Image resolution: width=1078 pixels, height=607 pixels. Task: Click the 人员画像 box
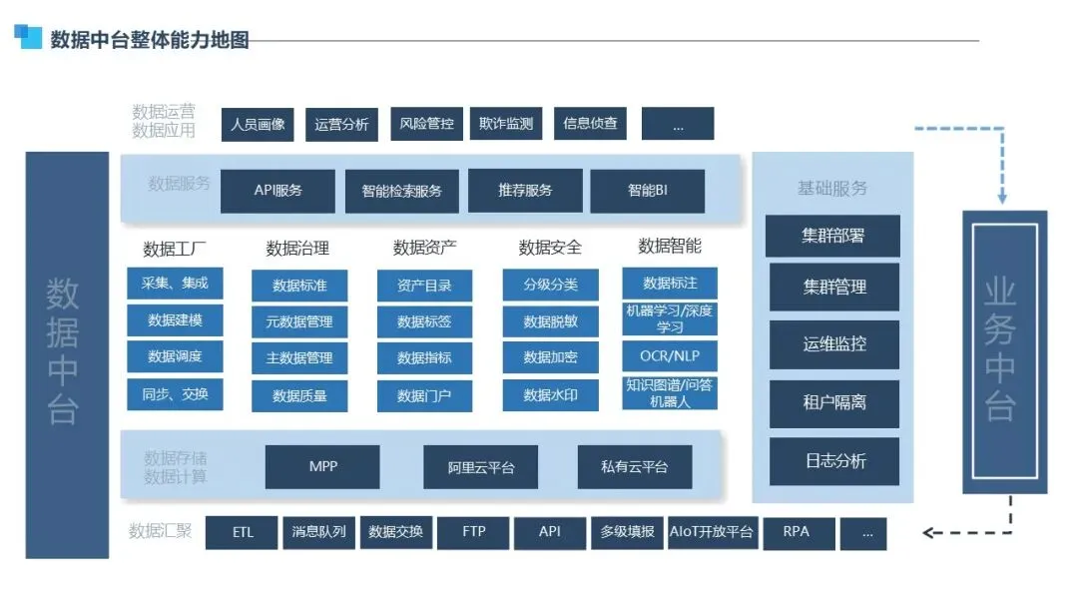[x=258, y=124]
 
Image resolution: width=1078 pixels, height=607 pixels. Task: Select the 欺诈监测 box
[x=506, y=124]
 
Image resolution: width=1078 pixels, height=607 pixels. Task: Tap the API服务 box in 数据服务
[x=277, y=191]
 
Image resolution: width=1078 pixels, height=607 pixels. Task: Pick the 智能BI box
[x=647, y=191]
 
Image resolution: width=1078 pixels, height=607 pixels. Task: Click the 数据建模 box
[x=175, y=320]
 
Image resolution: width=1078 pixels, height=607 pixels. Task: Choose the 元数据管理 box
[x=299, y=321]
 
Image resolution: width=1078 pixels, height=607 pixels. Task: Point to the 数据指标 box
[x=424, y=357]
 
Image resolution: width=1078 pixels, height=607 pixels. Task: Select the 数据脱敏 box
[x=550, y=321]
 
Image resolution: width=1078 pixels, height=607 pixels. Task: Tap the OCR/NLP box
[x=670, y=355]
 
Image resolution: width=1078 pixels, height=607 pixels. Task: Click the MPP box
[x=322, y=466]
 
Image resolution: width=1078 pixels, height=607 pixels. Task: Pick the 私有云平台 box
[x=634, y=466]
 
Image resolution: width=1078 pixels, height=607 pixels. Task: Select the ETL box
[x=243, y=532]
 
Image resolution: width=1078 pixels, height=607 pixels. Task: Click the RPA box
[x=796, y=532]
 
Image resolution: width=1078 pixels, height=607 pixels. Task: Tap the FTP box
[x=473, y=532]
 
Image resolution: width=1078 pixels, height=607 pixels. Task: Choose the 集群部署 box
[x=832, y=237]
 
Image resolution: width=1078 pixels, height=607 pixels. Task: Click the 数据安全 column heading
[x=550, y=248]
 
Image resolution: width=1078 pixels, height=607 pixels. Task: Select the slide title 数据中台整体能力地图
[x=149, y=40]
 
